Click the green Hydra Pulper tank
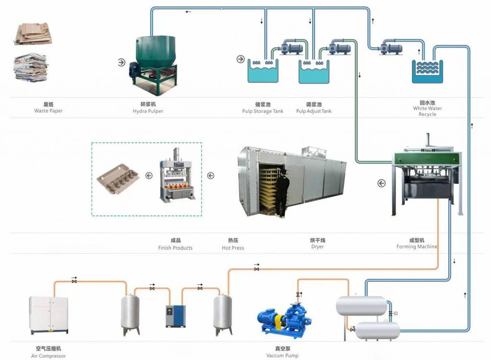tap(155, 64)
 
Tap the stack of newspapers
tap(30, 68)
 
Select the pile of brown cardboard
tap(33, 34)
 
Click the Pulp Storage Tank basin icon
tap(263, 71)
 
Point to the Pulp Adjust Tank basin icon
tap(314, 71)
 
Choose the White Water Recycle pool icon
tap(427, 71)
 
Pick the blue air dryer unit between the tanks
tap(175, 316)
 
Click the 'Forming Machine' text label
tap(417, 246)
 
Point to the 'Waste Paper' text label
tap(48, 111)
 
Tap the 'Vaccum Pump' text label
tap(282, 355)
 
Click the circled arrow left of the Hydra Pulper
tap(121, 62)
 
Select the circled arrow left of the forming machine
tap(381, 183)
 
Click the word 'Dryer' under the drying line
tap(317, 247)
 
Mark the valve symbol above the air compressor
tap(74, 281)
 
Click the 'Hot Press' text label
tap(233, 248)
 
